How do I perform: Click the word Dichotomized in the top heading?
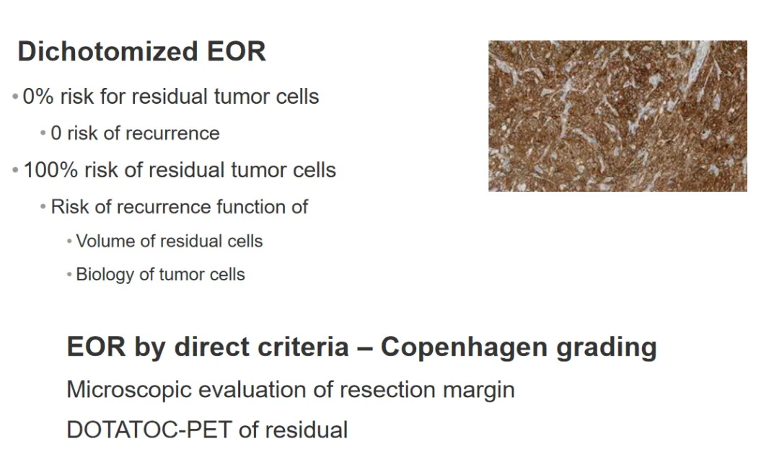(x=107, y=51)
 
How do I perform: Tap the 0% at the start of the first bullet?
(x=38, y=97)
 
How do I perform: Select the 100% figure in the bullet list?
(x=50, y=170)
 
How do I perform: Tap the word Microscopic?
(x=129, y=390)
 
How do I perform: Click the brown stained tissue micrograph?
(x=617, y=116)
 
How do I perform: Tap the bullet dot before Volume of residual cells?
(x=69, y=241)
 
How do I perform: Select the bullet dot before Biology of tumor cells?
(x=69, y=275)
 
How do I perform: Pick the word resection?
(x=387, y=390)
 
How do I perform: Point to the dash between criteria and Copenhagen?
(x=365, y=348)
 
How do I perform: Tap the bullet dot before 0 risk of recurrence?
(x=43, y=133)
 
